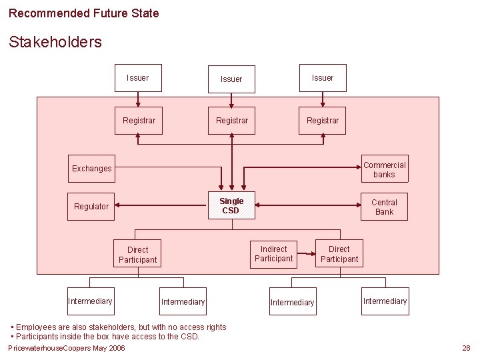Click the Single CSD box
click(x=231, y=206)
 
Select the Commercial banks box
click(x=384, y=169)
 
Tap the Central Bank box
click(x=384, y=207)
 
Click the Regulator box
click(x=91, y=207)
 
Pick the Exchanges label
click(x=92, y=169)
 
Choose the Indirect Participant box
click(x=273, y=254)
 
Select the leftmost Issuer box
click(x=138, y=78)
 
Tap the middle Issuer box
click(x=231, y=79)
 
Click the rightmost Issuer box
click(x=323, y=78)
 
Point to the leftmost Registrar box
click(x=139, y=121)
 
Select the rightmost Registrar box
click(x=323, y=121)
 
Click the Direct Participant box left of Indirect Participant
click(x=138, y=255)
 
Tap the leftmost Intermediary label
click(x=91, y=301)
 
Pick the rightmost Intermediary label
click(x=385, y=301)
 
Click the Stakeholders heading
click(x=55, y=42)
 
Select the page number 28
click(x=466, y=348)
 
